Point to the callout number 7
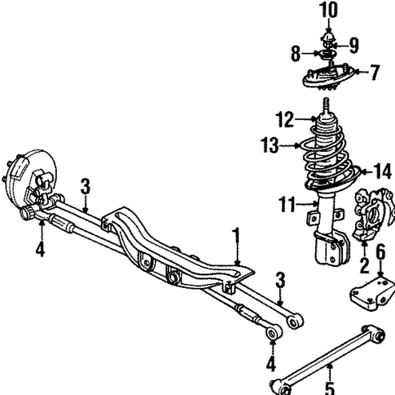click(x=374, y=73)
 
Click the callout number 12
click(x=283, y=120)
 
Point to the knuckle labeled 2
click(x=371, y=220)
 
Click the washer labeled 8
click(x=326, y=56)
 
